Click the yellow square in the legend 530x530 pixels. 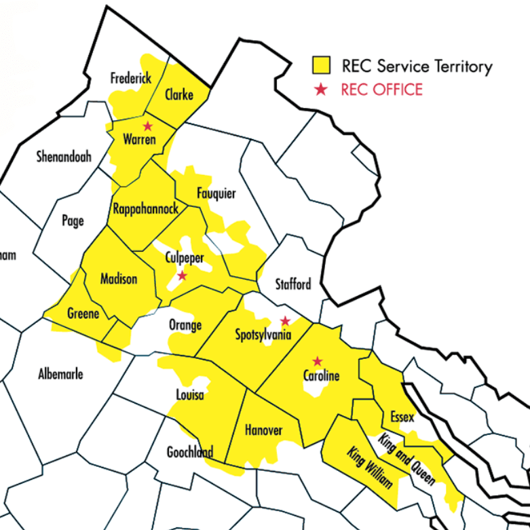[x=322, y=66]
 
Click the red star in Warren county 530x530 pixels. [x=147, y=126]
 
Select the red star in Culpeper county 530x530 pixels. [x=182, y=276]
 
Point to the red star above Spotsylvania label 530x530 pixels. [x=286, y=320]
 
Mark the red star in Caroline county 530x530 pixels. [x=316, y=361]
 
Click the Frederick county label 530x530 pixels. [x=131, y=79]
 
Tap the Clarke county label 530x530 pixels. [x=179, y=94]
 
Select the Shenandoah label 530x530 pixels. [x=63, y=157]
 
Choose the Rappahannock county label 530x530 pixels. [x=146, y=208]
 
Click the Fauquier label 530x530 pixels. [x=216, y=193]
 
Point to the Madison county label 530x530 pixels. [x=119, y=279]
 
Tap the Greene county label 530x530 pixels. [x=83, y=314]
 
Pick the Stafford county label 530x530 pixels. [x=293, y=284]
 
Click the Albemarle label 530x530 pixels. [x=61, y=374]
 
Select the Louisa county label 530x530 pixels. [x=190, y=395]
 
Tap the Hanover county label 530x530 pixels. [x=263, y=430]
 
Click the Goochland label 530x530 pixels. [x=190, y=453]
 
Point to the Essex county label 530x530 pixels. [x=402, y=417]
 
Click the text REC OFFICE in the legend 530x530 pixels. [x=381, y=90]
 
